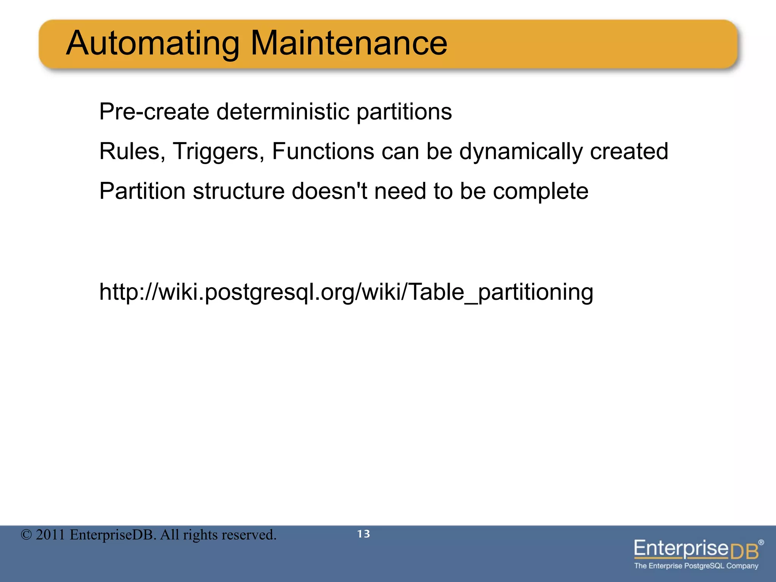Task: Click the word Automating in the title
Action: click(x=153, y=44)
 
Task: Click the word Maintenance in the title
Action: click(x=349, y=44)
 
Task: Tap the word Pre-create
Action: click(x=154, y=112)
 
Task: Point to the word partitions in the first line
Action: click(x=404, y=113)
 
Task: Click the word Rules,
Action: click(x=132, y=152)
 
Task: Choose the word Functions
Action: click(x=323, y=152)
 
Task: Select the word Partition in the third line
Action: click(x=142, y=191)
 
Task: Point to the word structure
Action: click(x=239, y=191)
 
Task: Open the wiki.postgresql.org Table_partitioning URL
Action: click(x=346, y=293)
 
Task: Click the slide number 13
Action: click(x=363, y=534)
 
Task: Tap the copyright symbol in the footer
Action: click(x=26, y=535)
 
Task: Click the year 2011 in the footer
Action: click(x=50, y=535)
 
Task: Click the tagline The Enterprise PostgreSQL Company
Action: click(x=696, y=566)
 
